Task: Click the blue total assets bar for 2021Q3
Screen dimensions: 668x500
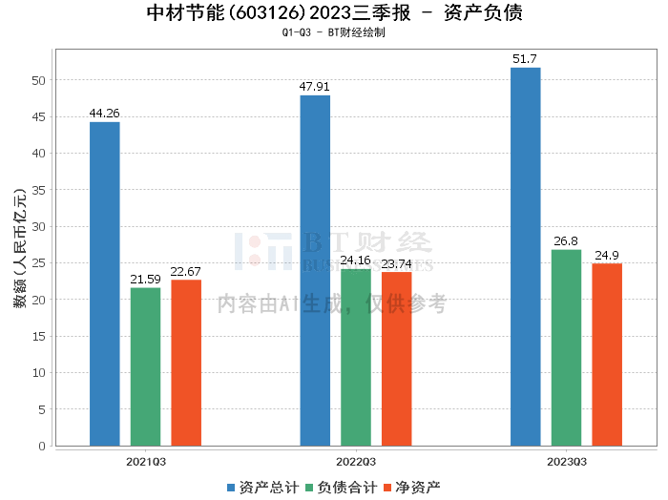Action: click(104, 283)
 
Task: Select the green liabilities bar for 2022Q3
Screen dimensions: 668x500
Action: click(356, 357)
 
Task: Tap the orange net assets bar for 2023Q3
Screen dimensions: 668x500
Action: click(607, 354)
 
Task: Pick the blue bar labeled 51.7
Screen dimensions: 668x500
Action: click(525, 257)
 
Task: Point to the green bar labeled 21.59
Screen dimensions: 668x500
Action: click(145, 366)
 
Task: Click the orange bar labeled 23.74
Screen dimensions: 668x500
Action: click(397, 359)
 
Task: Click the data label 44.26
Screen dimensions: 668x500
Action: click(104, 114)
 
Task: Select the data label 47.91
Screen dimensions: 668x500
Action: click(314, 87)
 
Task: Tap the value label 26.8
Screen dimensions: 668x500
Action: click(566, 241)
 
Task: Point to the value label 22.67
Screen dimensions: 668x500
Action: click(185, 272)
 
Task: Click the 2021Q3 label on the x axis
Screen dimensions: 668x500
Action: click(146, 462)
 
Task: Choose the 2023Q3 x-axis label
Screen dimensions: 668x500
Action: click(567, 462)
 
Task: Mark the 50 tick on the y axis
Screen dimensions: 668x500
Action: click(38, 80)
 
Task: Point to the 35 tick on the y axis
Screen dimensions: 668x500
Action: click(38, 190)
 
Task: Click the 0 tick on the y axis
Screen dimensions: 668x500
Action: click(42, 446)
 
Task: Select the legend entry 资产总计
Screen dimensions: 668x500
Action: click(263, 488)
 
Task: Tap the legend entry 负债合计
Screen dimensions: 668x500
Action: click(342, 488)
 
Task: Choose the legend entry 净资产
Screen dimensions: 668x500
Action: click(412, 488)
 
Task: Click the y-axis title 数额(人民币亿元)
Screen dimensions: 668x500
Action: click(20, 247)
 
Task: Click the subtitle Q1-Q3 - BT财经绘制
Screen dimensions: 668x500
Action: click(334, 32)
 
